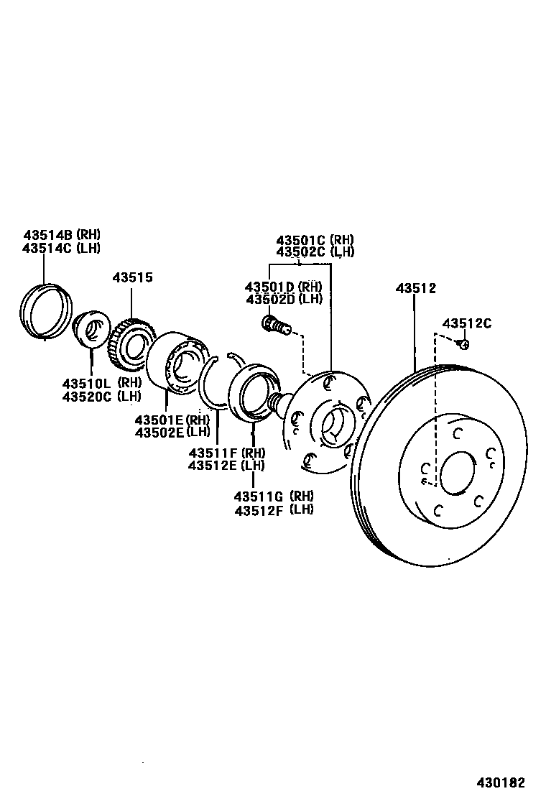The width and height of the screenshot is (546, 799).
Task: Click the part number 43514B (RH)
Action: [x=61, y=234]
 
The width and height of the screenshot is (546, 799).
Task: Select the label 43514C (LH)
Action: [x=61, y=248]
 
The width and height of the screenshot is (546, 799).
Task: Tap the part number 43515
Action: [x=132, y=278]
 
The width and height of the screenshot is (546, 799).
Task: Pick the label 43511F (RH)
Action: [x=226, y=453]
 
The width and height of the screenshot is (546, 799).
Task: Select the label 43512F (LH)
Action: [x=273, y=509]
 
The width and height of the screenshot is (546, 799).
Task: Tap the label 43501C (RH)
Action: [x=315, y=239]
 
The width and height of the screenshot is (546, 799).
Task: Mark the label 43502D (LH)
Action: [x=284, y=299]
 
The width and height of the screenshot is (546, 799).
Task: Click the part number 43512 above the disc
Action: [x=415, y=288]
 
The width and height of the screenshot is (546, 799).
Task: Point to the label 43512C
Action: [x=467, y=323]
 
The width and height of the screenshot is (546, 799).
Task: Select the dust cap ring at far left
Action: [x=45, y=310]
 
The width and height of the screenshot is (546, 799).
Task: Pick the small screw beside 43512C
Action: [x=464, y=344]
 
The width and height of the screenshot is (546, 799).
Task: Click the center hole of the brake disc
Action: [x=458, y=474]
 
